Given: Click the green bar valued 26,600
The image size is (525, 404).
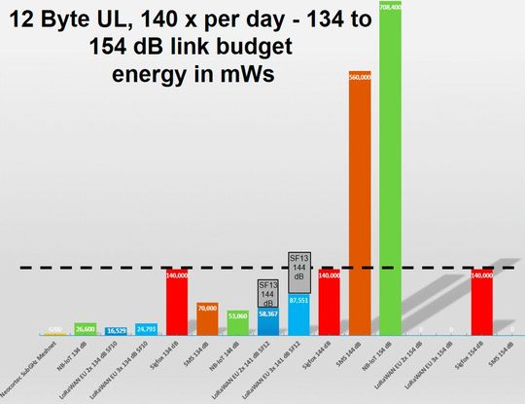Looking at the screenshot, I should coord(86,331).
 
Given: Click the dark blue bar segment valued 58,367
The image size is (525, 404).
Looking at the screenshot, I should coord(267,321).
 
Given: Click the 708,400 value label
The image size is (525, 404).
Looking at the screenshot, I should coord(392,6).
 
